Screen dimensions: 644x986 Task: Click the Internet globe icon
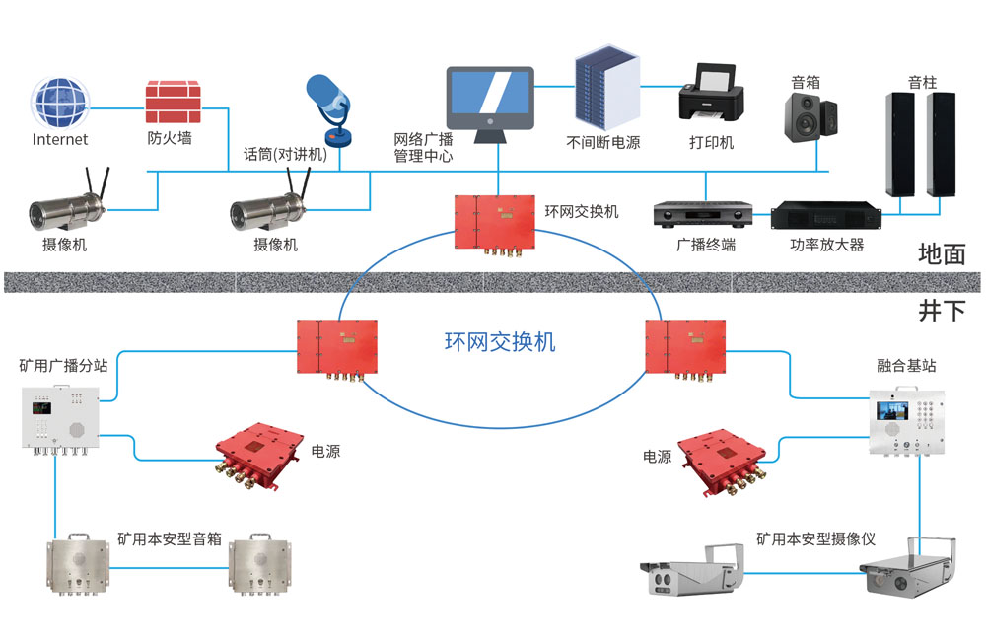click(60, 103)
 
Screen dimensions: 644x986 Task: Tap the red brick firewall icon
click(173, 103)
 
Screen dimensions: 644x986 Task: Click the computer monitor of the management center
click(490, 99)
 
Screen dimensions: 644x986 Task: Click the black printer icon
click(711, 95)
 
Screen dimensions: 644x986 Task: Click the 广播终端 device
click(703, 214)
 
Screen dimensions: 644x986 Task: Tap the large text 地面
click(940, 253)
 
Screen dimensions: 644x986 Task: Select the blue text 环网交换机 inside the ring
click(500, 342)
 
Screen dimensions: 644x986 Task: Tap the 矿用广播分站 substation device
click(58, 418)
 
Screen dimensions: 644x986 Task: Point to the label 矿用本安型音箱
click(169, 540)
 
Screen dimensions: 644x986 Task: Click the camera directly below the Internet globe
click(65, 206)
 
